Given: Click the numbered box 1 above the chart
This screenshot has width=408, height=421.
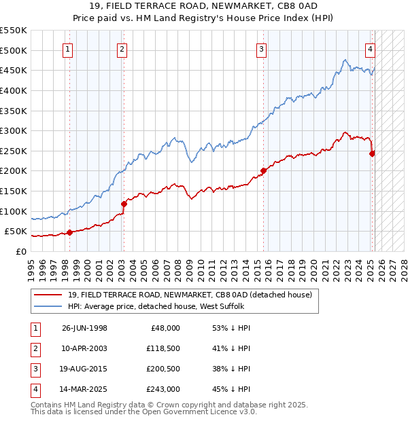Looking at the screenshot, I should [69, 48].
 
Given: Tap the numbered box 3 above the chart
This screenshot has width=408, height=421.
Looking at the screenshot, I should [262, 48].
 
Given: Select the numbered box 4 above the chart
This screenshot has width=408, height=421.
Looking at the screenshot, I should [371, 48].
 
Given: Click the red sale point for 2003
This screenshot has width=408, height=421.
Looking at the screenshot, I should [124, 204].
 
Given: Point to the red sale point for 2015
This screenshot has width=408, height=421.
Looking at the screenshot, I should [263, 170].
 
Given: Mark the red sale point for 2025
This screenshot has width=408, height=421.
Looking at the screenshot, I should [372, 153].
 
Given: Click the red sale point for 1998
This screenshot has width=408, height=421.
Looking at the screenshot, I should [69, 232].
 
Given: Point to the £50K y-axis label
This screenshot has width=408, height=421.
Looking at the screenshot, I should [16, 232].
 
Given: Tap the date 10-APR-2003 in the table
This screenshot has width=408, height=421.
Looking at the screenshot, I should [84, 348].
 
